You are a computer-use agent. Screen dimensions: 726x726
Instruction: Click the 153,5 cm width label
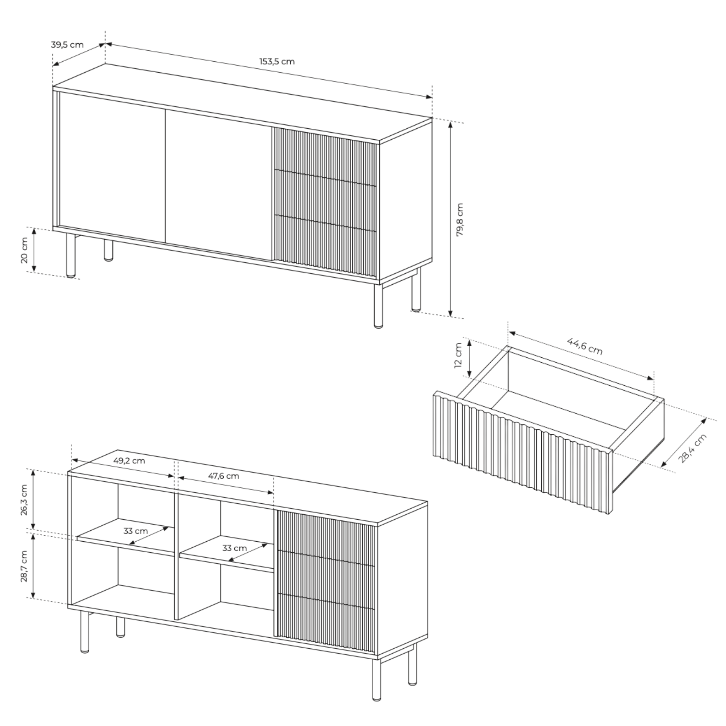tap(277, 61)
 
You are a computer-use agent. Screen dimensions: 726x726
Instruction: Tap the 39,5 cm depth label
tap(67, 45)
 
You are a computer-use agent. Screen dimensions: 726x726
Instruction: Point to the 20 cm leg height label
tap(24, 250)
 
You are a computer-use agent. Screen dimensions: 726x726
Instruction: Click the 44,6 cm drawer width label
tap(585, 346)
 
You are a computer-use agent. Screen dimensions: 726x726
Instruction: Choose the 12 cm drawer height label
tap(458, 356)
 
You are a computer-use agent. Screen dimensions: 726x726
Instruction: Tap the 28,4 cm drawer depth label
tap(693, 448)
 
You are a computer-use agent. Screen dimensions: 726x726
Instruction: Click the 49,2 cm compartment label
tap(129, 460)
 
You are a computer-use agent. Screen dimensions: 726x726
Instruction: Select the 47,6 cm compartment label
tap(224, 476)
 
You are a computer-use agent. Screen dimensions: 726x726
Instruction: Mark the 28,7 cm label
tap(24, 566)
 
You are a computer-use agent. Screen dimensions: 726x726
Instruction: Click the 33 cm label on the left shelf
tap(136, 531)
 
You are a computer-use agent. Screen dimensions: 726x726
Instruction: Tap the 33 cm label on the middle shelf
tap(234, 548)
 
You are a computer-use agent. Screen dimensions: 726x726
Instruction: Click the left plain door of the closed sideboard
tap(112, 167)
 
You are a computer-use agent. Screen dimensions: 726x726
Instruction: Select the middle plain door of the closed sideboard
tap(218, 184)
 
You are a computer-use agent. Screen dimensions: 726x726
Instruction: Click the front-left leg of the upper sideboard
tap(71, 256)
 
